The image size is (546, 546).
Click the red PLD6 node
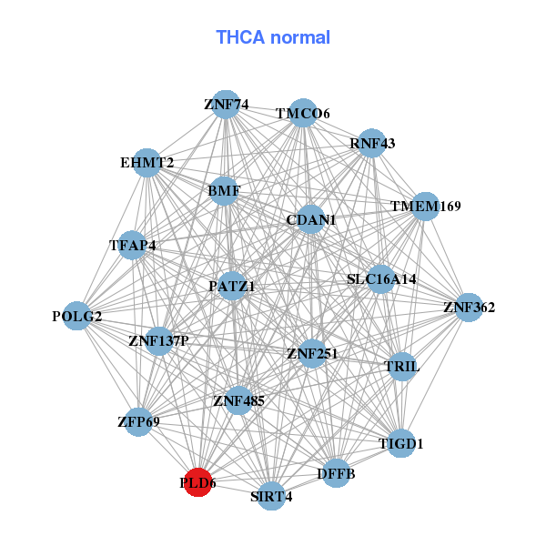197,482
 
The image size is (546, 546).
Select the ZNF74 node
225,104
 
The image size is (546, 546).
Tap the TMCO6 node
302,112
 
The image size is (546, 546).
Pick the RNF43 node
370,143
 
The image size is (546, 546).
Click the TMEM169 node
425,207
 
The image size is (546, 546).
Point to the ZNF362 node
468,307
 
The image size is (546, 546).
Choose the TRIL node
401,366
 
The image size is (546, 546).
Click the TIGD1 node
400,443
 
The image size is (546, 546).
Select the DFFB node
337,473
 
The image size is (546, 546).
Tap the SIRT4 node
271,496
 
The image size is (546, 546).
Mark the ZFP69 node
138,421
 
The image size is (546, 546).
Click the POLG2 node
77,316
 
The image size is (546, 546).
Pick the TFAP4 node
133,244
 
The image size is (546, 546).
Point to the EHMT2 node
147,162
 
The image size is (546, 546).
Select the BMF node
224,191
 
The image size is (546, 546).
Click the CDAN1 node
310,219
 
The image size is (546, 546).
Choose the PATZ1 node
232,286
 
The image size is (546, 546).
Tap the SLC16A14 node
380,278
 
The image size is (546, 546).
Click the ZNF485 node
238,399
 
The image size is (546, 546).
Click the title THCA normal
272,37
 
